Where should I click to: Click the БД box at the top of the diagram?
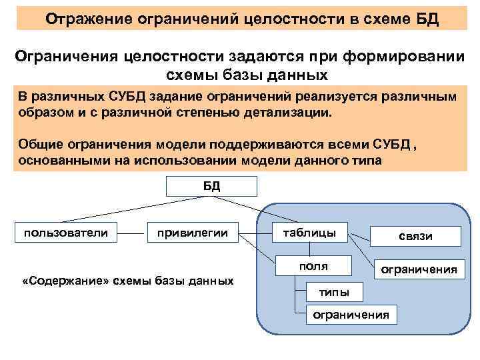click(211, 186)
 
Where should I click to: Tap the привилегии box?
click(192, 233)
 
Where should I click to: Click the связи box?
click(415, 237)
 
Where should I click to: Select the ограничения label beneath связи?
click(418, 269)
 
